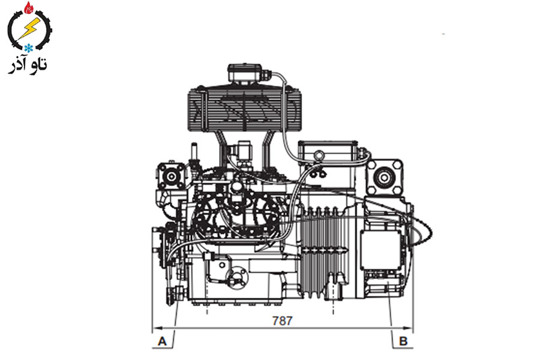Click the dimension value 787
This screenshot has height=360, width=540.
[x=282, y=321]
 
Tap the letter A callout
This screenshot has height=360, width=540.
[x=162, y=341]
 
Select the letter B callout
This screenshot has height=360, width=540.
[x=403, y=341]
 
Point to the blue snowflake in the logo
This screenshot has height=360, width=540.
[x=28, y=48]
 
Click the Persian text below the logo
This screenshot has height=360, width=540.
[x=28, y=65]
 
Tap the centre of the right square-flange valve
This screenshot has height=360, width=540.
[x=384, y=178]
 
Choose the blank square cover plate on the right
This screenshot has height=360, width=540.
[x=380, y=250]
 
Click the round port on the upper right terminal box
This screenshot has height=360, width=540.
[x=319, y=154]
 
